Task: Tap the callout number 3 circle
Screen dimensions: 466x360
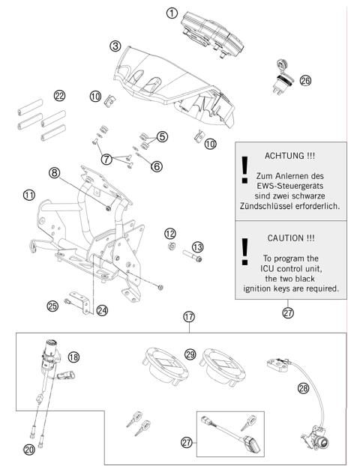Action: [115, 46]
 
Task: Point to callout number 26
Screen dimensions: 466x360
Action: [304, 80]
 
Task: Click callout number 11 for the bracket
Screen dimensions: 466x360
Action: [29, 195]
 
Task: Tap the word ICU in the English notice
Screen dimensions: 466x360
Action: [261, 266]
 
